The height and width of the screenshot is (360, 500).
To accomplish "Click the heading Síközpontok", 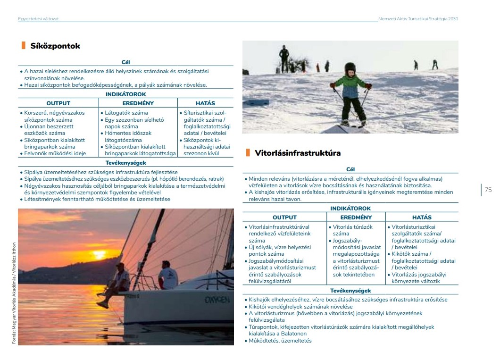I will click(55, 46).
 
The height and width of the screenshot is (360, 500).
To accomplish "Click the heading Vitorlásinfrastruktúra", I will click(298, 153).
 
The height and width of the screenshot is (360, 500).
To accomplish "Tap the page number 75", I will click(488, 190).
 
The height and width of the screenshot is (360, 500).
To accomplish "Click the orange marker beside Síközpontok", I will click(23, 46).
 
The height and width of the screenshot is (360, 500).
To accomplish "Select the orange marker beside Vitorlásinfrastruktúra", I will click(247, 152).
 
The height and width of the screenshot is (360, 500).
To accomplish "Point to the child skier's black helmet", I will click(350, 68).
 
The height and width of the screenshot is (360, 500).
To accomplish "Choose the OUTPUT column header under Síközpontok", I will click(58, 103).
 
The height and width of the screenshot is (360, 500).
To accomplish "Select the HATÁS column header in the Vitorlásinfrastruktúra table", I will click(422, 218).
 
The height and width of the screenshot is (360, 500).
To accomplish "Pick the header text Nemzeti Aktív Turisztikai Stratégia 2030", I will click(418, 19).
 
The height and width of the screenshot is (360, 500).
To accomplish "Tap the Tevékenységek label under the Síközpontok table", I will click(125, 163).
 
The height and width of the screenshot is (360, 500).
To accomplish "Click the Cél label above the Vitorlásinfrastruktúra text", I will click(350, 169).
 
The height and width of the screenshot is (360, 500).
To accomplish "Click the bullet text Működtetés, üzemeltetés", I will click(280, 341).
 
